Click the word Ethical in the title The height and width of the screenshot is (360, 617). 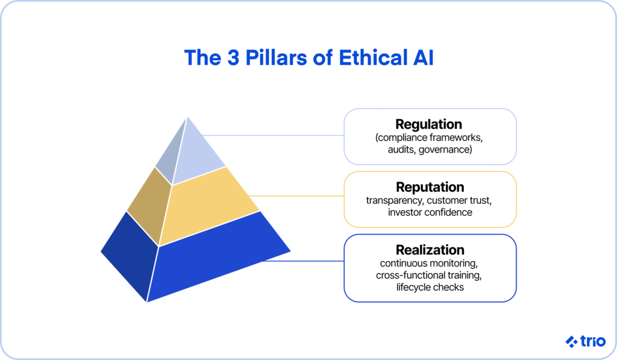click(373, 57)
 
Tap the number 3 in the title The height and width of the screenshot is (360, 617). click(233, 57)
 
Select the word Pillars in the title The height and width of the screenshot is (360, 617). click(276, 57)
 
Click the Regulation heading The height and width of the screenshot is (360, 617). click(428, 124)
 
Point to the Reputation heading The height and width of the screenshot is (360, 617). click(430, 187)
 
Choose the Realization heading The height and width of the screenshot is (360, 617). click(430, 250)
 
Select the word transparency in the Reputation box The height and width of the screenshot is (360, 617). click(395, 200)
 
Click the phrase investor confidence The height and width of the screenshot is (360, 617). click(430, 212)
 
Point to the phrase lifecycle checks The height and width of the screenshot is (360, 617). click(430, 287)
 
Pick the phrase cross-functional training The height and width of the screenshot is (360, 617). click(428, 275)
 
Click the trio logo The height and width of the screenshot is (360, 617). click(586, 341)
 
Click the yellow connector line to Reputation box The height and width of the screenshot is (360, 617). click(296, 196)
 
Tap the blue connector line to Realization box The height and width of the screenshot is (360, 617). click(304, 261)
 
